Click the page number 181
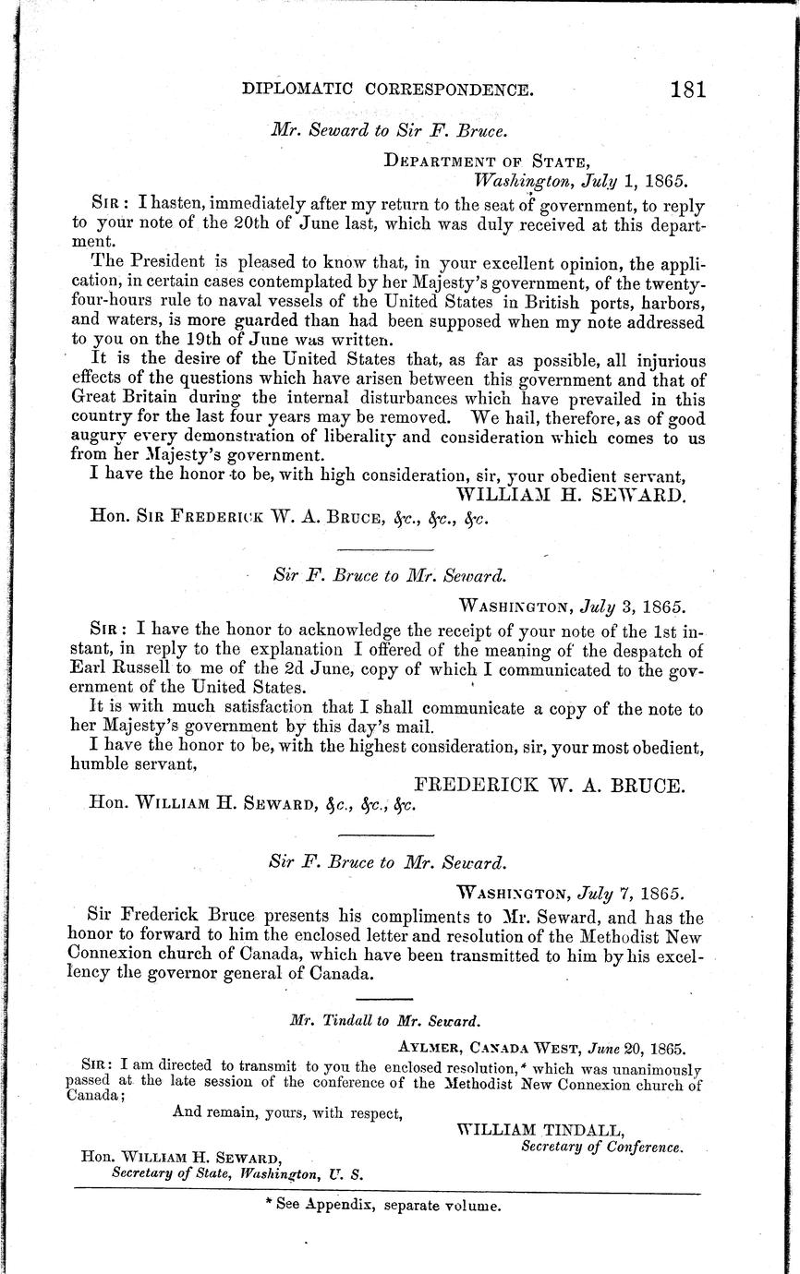(x=689, y=90)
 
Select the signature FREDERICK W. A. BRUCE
(x=549, y=786)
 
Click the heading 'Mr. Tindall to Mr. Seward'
(x=384, y=1022)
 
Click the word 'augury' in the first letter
(x=99, y=437)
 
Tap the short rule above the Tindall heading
(x=384, y=1000)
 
